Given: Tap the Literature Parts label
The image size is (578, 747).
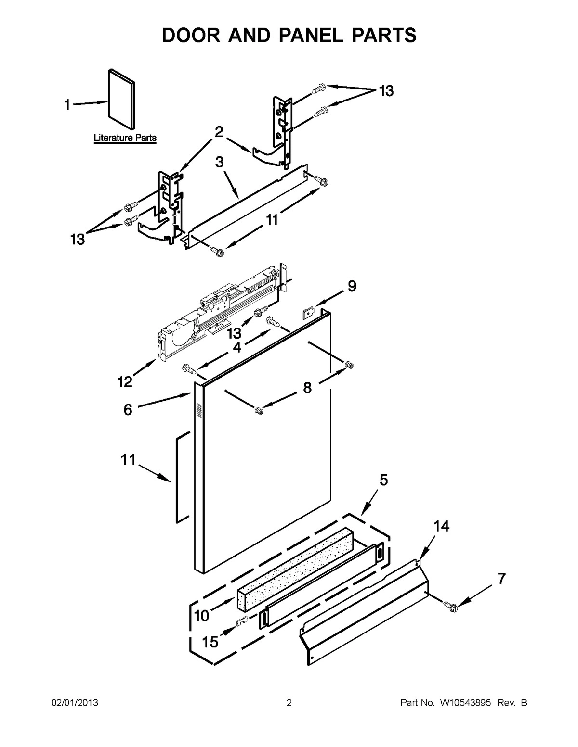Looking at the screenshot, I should pos(125,138).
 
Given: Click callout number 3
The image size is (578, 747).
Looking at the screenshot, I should pos(220,162).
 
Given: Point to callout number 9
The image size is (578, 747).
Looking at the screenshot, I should pos(352,287).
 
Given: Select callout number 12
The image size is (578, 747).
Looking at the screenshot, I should pos(125,381).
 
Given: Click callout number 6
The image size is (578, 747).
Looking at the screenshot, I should pos(128,410).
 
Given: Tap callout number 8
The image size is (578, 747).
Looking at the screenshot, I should pos(307,388).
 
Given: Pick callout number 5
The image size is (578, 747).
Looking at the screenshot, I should pos(384,480).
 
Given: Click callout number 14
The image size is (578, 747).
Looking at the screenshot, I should pos(441,527).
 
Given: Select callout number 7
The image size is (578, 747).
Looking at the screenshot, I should pos(501,580).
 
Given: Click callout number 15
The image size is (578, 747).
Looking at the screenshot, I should pos(210,642).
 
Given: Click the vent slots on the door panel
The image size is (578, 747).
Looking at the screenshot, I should pos(197,410).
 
